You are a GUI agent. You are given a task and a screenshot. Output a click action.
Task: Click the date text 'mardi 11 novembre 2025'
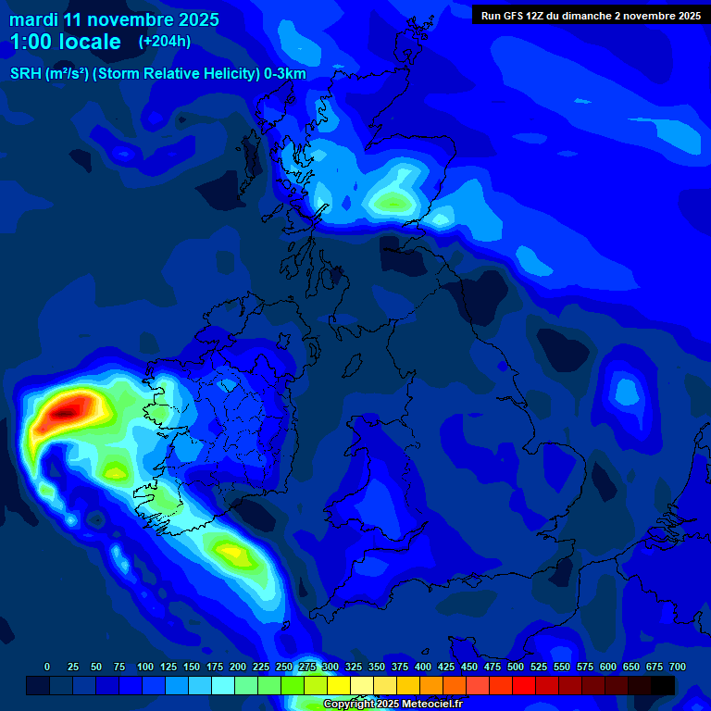click(114, 19)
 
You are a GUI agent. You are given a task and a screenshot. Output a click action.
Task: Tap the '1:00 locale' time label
click(66, 42)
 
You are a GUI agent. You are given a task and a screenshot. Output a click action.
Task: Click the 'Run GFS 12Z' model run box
click(590, 15)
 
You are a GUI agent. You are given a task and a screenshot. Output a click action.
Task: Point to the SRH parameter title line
click(157, 74)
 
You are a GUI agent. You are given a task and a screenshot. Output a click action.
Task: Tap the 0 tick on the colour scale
click(47, 667)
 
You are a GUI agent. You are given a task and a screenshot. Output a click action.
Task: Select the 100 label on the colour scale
click(145, 667)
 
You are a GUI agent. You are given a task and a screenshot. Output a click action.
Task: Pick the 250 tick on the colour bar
click(284, 667)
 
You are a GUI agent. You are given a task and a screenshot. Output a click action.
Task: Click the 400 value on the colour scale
click(423, 667)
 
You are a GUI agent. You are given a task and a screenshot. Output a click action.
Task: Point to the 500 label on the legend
click(516, 667)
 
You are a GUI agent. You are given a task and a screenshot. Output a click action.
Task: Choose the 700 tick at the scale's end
click(677, 667)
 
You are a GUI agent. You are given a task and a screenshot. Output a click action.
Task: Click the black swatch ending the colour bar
click(663, 686)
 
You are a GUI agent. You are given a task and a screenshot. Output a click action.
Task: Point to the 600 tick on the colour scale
click(608, 667)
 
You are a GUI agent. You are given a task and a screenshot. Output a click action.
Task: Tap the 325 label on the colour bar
click(354, 667)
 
